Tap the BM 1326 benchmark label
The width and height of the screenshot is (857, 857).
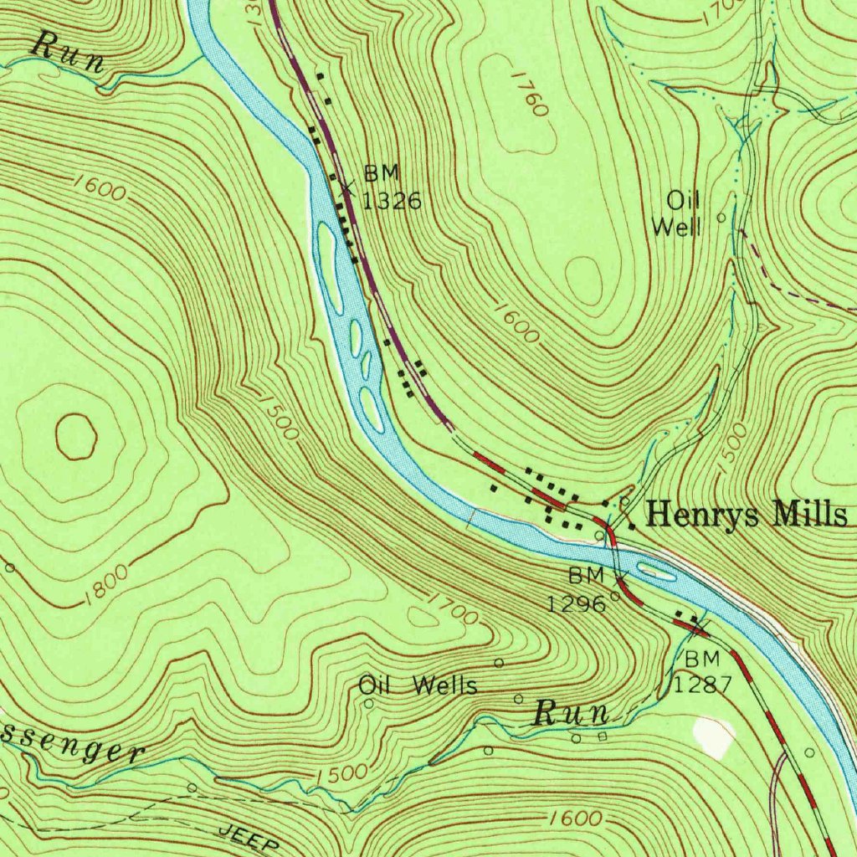[x=392, y=187]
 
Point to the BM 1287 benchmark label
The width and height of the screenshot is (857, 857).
[x=703, y=672]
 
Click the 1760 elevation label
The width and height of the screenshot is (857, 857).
[x=531, y=93]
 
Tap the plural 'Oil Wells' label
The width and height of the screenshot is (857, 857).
[x=418, y=686]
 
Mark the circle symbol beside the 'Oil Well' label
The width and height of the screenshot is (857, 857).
[x=721, y=217]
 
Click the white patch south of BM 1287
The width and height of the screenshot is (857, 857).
[x=714, y=737]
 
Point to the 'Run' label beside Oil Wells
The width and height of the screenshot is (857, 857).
[x=572, y=715]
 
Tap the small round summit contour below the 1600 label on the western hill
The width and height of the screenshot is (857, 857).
[x=76, y=438]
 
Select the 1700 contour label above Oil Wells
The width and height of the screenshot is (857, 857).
[x=452, y=609]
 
